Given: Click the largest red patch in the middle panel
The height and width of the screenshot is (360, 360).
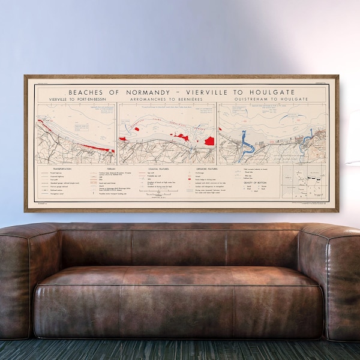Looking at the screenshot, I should [x=209, y=140].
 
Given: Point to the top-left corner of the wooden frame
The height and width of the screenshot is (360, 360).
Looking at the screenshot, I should [x=25, y=76].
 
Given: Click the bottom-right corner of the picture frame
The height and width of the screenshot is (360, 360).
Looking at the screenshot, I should [x=338, y=211].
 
